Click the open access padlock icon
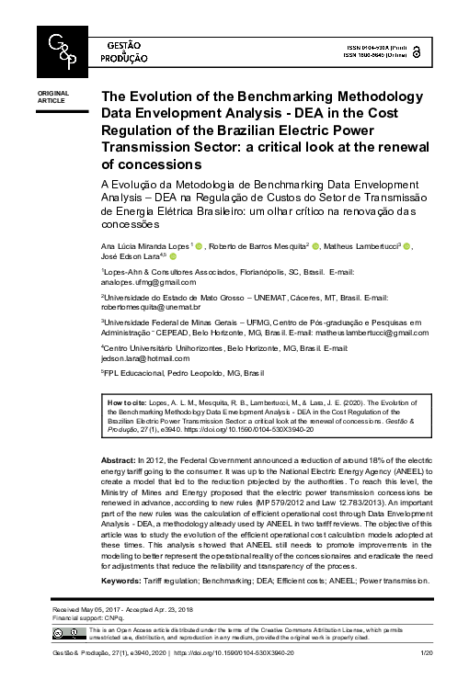[x=418, y=51]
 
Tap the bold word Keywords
[x=122, y=581]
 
